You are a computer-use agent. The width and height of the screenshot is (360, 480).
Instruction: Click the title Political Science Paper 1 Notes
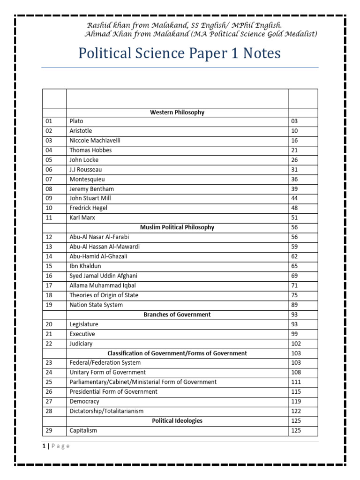(x=180, y=53)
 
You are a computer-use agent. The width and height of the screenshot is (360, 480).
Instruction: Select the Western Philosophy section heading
(x=177, y=112)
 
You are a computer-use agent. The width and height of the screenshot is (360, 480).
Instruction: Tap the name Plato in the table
(x=76, y=121)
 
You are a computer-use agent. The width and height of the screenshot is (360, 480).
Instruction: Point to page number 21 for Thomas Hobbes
(x=294, y=150)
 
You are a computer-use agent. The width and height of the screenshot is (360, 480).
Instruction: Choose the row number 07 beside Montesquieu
(x=49, y=180)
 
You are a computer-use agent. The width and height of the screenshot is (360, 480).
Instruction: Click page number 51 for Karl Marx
(x=294, y=218)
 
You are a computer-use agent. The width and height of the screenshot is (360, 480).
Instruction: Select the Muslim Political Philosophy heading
(x=177, y=227)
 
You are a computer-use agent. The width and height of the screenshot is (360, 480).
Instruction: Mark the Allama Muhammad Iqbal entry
(x=103, y=285)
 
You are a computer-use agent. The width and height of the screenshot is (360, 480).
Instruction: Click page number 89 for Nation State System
(x=294, y=305)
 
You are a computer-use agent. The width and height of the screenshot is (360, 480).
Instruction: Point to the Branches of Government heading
(x=177, y=315)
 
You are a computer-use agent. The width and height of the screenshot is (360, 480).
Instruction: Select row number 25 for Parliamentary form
(x=49, y=382)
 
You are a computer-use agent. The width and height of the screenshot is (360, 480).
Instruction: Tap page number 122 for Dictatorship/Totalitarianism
(x=296, y=411)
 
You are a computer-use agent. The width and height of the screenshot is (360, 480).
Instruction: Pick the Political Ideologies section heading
(x=177, y=421)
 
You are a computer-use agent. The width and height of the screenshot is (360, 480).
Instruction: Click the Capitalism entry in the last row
(x=83, y=431)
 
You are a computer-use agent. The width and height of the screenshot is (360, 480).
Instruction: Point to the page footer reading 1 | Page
(x=55, y=446)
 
